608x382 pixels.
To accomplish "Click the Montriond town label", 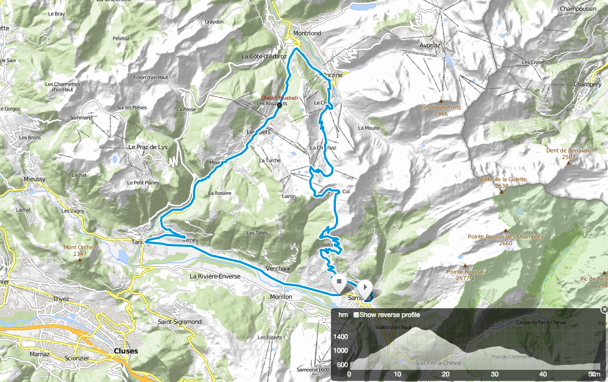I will coord(307,33).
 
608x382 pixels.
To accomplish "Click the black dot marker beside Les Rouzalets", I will coord(279,105).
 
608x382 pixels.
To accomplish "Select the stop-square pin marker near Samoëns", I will coord(339,283).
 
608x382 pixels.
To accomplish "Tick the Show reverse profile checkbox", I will coord(356,315).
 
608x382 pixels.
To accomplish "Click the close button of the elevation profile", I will coord(604,309).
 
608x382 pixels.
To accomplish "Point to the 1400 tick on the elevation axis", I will coord(340,336).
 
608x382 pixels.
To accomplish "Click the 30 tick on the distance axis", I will coord(494,374).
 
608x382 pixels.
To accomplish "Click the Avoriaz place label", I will coord(430,46).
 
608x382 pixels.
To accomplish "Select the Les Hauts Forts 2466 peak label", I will coord(441,111).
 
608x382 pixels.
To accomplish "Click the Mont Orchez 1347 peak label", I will coord(80,250).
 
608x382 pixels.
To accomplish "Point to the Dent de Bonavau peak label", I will coord(568,154).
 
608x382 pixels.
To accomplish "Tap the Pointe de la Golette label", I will coord(501,182).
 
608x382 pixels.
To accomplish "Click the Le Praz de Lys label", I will coord(147,148).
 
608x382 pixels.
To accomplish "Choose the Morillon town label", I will coord(281,297).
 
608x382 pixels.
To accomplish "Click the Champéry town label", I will coord(588,84).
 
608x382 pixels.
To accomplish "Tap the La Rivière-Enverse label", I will coord(215,276).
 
